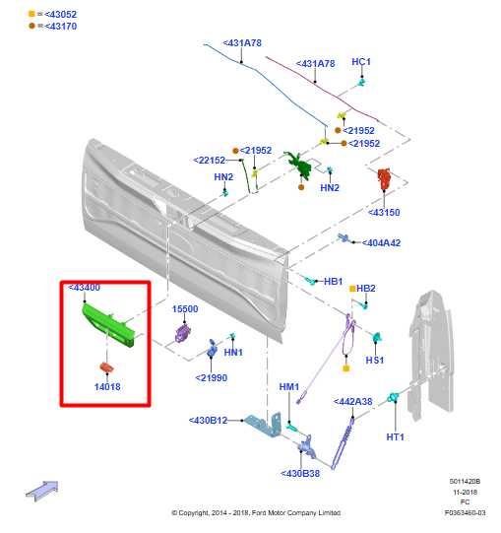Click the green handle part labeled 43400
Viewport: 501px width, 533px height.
[108, 326]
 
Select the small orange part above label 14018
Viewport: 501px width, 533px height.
[106, 367]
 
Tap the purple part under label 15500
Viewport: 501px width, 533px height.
[183, 333]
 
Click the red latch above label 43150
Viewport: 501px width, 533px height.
[385, 178]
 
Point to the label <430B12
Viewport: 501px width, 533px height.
[208, 421]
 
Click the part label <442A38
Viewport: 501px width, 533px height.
[352, 401]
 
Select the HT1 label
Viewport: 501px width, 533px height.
[396, 436]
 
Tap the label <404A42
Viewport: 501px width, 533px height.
[381, 243]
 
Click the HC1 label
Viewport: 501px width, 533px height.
[361, 62]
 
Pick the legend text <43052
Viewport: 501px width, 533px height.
[60, 14]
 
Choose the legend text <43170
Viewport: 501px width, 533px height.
[60, 27]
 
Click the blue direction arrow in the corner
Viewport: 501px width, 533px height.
[42, 491]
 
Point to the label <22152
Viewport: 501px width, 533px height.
[210, 161]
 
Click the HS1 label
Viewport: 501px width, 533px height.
[375, 360]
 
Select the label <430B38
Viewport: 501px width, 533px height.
[300, 474]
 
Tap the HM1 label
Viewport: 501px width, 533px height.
[289, 387]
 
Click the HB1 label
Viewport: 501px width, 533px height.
[334, 282]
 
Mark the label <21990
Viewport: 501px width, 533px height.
[212, 377]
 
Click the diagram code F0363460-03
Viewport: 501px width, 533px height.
[465, 512]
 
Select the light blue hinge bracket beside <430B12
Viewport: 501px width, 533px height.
[264, 425]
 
